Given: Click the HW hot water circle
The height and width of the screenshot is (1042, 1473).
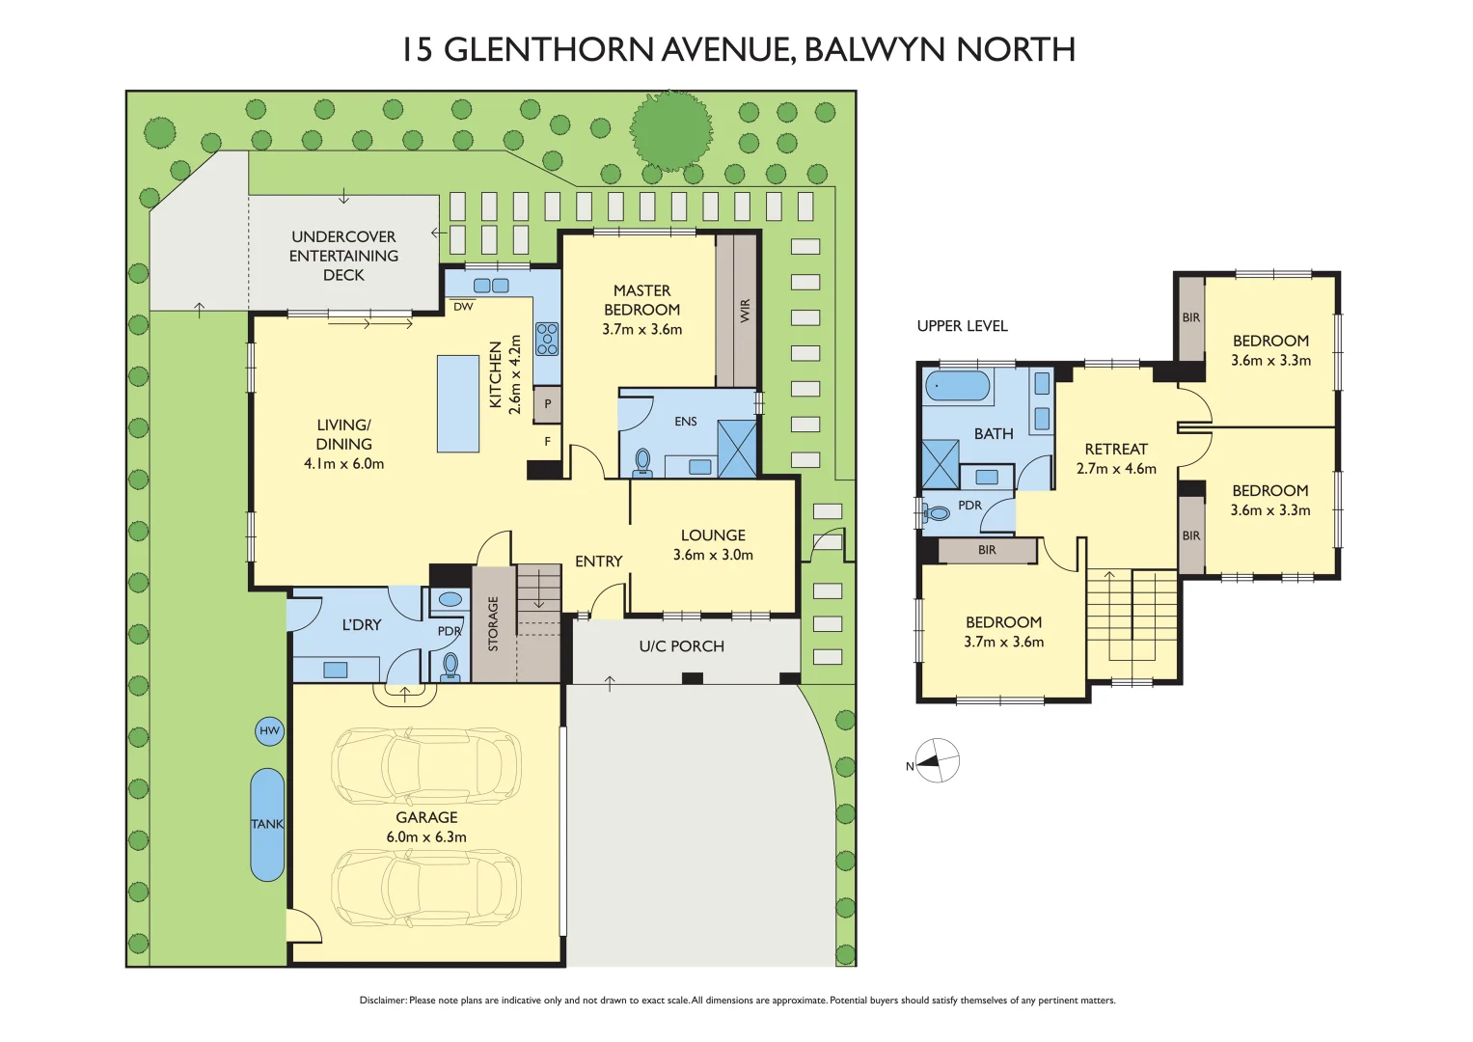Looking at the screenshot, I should click(269, 731).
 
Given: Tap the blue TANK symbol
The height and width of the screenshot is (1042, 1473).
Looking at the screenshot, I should click(267, 824).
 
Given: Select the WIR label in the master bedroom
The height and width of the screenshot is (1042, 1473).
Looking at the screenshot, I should click(745, 310).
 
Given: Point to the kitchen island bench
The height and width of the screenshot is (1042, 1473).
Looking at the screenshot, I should click(458, 403).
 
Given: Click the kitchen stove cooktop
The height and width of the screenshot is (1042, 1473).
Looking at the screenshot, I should click(547, 340).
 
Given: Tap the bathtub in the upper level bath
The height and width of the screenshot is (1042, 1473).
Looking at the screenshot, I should click(958, 386).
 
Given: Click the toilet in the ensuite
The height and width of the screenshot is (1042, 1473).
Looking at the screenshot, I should click(643, 462).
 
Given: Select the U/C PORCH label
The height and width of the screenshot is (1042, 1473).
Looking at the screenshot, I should click(681, 646).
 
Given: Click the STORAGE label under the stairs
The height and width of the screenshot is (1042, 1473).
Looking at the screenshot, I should click(493, 623).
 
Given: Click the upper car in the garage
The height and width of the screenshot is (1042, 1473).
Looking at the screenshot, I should click(426, 766).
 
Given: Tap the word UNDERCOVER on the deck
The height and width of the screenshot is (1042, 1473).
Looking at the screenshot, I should click(343, 236).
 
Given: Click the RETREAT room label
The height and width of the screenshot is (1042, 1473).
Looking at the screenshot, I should click(1116, 450).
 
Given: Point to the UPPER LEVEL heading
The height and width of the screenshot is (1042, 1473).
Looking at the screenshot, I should click(962, 326).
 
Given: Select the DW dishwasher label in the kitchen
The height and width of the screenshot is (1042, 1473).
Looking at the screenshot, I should click(463, 307).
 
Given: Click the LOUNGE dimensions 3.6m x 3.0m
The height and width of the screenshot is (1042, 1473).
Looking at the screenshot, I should click(713, 555).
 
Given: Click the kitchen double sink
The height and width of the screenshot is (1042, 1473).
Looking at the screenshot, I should click(491, 286).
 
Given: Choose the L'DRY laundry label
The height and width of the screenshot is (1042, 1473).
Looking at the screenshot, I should click(362, 625).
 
